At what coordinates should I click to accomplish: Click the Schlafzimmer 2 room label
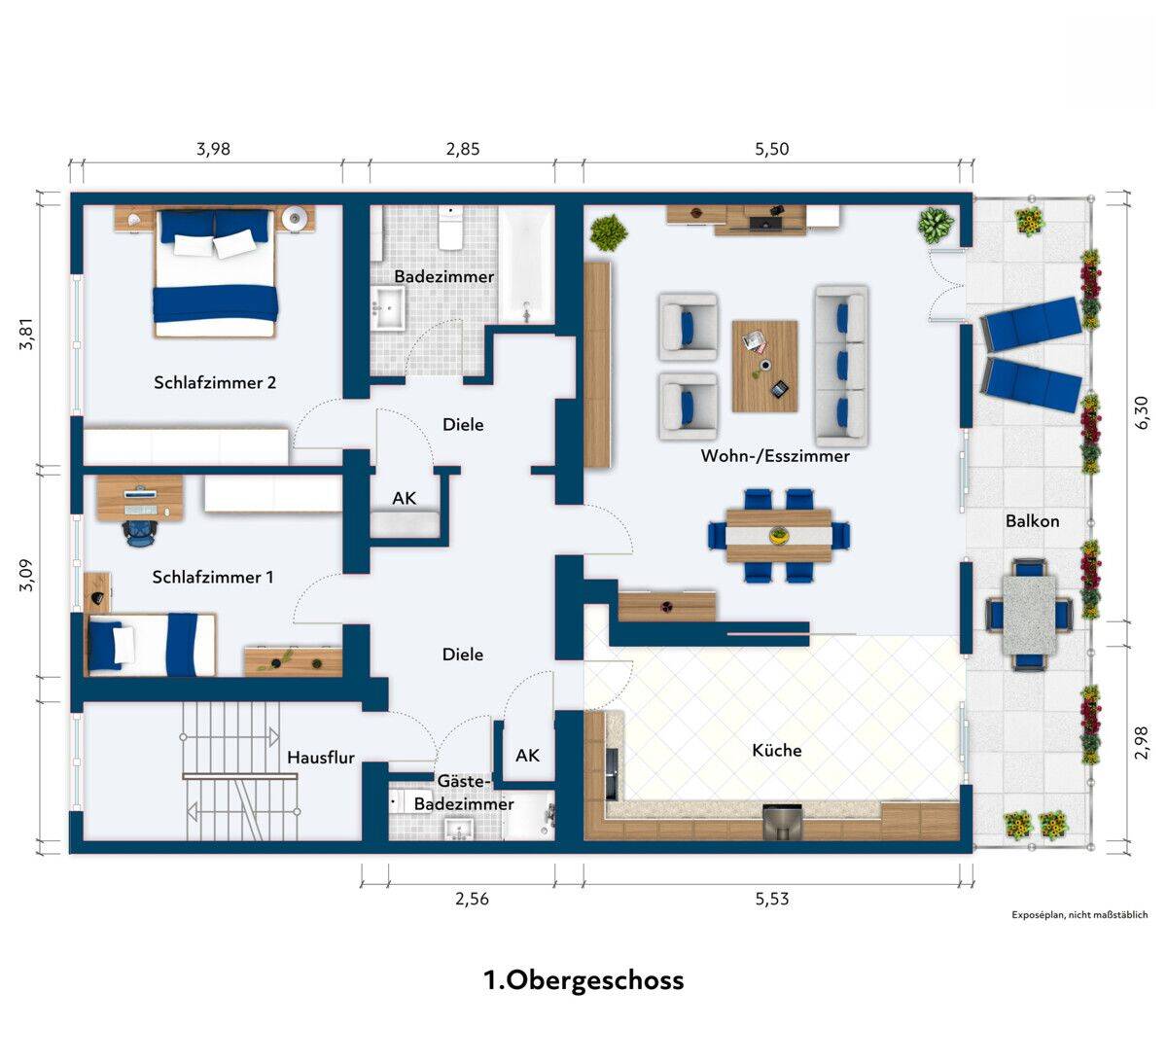click(x=215, y=382)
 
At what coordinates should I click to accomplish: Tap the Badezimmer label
click(x=443, y=276)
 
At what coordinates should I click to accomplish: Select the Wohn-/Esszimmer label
click(x=775, y=456)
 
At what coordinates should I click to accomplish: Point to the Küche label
click(x=777, y=750)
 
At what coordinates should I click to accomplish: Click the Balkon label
click(x=1032, y=521)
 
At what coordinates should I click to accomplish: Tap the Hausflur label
click(x=321, y=757)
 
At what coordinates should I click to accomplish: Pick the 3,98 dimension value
click(x=214, y=149)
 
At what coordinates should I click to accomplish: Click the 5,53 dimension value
click(x=772, y=899)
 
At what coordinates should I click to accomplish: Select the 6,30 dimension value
click(x=1142, y=412)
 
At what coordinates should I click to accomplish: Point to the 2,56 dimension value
click(x=472, y=899)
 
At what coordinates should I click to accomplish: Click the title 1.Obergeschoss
click(x=583, y=980)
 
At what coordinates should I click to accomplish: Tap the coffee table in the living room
click(x=764, y=366)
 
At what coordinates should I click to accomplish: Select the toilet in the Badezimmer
click(x=450, y=228)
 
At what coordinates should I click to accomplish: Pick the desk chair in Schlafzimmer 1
click(x=140, y=533)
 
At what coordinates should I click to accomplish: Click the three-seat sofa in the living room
click(x=841, y=366)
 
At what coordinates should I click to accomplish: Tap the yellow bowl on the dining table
click(x=778, y=535)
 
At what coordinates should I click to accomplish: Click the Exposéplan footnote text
click(x=1079, y=915)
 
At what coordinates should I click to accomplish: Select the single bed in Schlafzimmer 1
click(x=151, y=645)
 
